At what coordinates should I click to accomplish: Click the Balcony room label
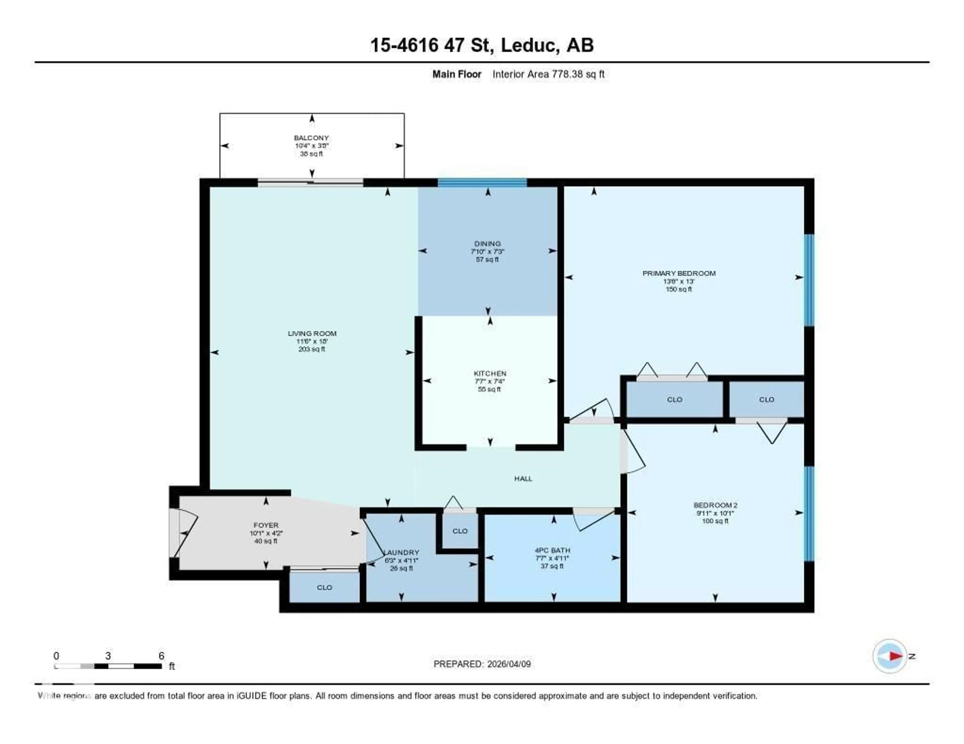[311, 138]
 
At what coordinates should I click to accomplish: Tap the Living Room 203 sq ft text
[312, 349]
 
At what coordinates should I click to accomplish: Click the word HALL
[523, 479]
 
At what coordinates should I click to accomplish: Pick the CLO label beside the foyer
[324, 587]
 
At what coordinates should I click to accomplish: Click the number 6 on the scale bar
[162, 656]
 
